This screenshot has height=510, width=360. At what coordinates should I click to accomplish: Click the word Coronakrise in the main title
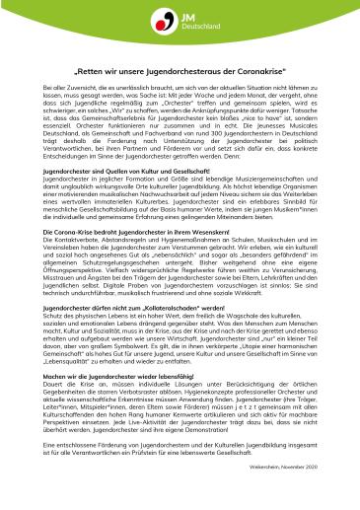pyautogui.click(x=253, y=71)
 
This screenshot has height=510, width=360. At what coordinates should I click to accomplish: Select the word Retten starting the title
pyautogui.click(x=93, y=71)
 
